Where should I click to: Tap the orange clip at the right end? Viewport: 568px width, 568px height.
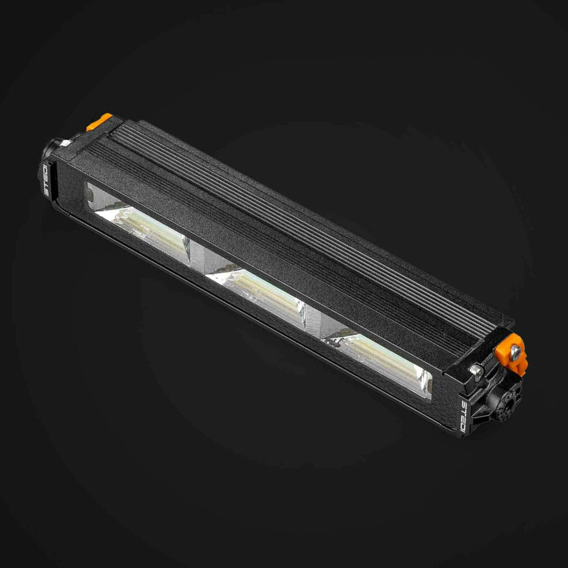(x=516, y=353)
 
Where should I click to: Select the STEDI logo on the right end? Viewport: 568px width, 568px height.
(x=462, y=417)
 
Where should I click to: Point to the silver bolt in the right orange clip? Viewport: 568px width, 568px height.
(x=515, y=351)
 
